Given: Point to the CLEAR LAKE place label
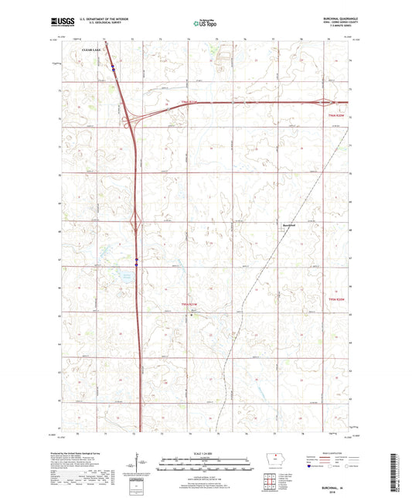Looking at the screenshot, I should point(92,49).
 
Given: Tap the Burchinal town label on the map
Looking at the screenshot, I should point(289,225).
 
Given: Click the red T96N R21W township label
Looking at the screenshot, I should point(190,101).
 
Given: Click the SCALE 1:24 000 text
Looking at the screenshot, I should point(206,452).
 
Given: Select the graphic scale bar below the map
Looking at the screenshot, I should point(206,466).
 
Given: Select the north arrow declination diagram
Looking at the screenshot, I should point(145,466).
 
